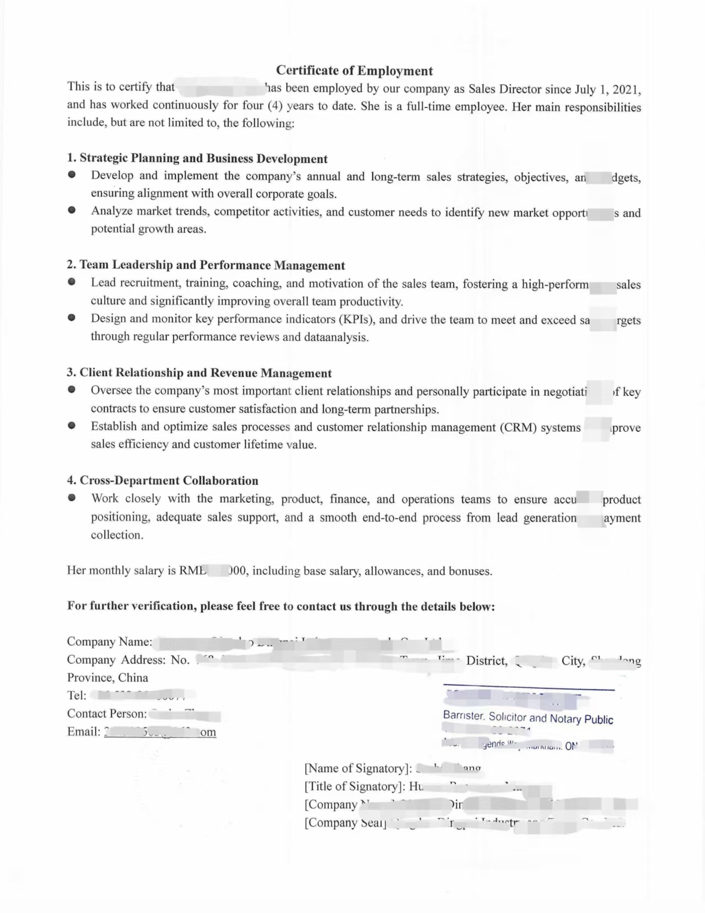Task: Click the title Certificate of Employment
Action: pos(354,71)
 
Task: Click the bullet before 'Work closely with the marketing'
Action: pos(72,498)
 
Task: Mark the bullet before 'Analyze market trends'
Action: pos(72,210)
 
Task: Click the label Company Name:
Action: pos(109,641)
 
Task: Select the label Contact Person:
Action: pos(107,713)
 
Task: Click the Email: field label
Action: pos(84,732)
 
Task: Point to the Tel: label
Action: pos(77,695)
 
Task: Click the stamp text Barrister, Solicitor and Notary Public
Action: pos(528,718)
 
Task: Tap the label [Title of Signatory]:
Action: pos(354,786)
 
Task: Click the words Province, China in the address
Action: pos(107,677)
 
